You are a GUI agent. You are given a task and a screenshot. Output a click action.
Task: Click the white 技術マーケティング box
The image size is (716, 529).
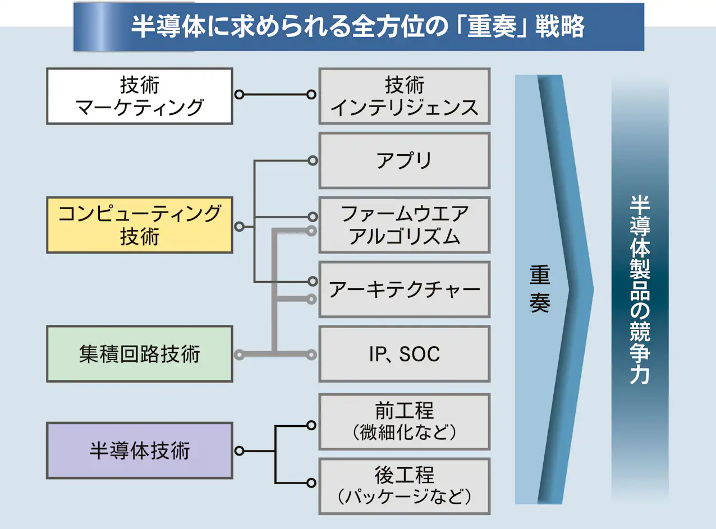(x=140, y=96)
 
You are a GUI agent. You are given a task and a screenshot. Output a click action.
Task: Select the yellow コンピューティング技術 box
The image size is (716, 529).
(x=140, y=225)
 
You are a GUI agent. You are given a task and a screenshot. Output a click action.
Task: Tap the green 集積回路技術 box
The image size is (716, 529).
(x=140, y=354)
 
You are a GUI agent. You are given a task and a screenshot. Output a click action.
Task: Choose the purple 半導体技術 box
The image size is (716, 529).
(x=140, y=450)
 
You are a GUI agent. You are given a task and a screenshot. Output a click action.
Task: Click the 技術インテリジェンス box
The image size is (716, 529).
(x=405, y=96)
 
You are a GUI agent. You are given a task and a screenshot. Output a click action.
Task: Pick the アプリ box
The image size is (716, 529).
(x=405, y=160)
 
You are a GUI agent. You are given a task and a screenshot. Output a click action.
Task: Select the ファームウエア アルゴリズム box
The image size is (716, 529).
(x=405, y=225)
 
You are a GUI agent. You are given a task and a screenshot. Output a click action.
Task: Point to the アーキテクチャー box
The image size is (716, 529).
(x=405, y=289)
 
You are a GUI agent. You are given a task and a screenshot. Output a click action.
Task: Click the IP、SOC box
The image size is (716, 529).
(x=405, y=354)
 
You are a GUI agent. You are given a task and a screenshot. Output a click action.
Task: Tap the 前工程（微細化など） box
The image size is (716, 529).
(x=405, y=422)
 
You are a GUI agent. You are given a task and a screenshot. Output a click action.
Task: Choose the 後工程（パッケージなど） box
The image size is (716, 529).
(x=405, y=486)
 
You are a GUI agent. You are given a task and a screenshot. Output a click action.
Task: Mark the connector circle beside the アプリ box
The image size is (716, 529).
(x=313, y=161)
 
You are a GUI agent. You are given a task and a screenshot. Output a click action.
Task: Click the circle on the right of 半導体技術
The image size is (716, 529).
(x=239, y=451)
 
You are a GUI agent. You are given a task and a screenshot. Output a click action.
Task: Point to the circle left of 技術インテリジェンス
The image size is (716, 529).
(x=311, y=95)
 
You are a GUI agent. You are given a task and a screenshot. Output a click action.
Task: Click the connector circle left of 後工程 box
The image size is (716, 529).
(x=311, y=483)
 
